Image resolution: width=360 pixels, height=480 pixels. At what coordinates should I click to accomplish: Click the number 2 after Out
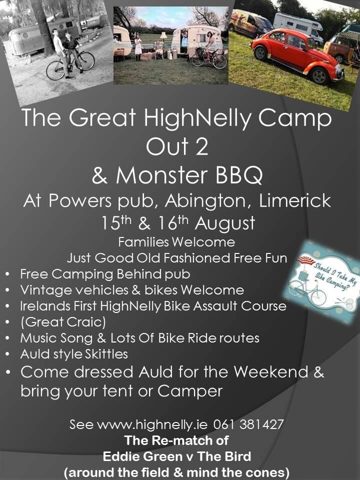201,146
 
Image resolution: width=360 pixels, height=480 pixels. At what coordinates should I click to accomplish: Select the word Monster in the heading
161,175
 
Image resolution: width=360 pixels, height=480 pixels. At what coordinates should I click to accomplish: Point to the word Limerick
295,201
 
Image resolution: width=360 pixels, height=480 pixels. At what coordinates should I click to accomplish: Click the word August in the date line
224,223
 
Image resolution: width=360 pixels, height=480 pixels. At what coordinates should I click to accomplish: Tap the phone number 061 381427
248,424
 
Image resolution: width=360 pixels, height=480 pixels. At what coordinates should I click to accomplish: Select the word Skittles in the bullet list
106,354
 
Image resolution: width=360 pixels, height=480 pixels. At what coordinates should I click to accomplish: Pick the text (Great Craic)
63,322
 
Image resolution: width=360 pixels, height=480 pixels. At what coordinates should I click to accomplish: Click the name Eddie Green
142,456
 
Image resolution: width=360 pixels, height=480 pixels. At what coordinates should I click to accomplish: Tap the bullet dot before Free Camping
7,274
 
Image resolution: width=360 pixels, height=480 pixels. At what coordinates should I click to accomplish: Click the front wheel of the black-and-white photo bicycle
55,70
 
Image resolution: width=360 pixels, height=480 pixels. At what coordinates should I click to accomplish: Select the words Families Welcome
176,242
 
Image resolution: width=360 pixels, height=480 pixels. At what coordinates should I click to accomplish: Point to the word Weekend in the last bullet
271,372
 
